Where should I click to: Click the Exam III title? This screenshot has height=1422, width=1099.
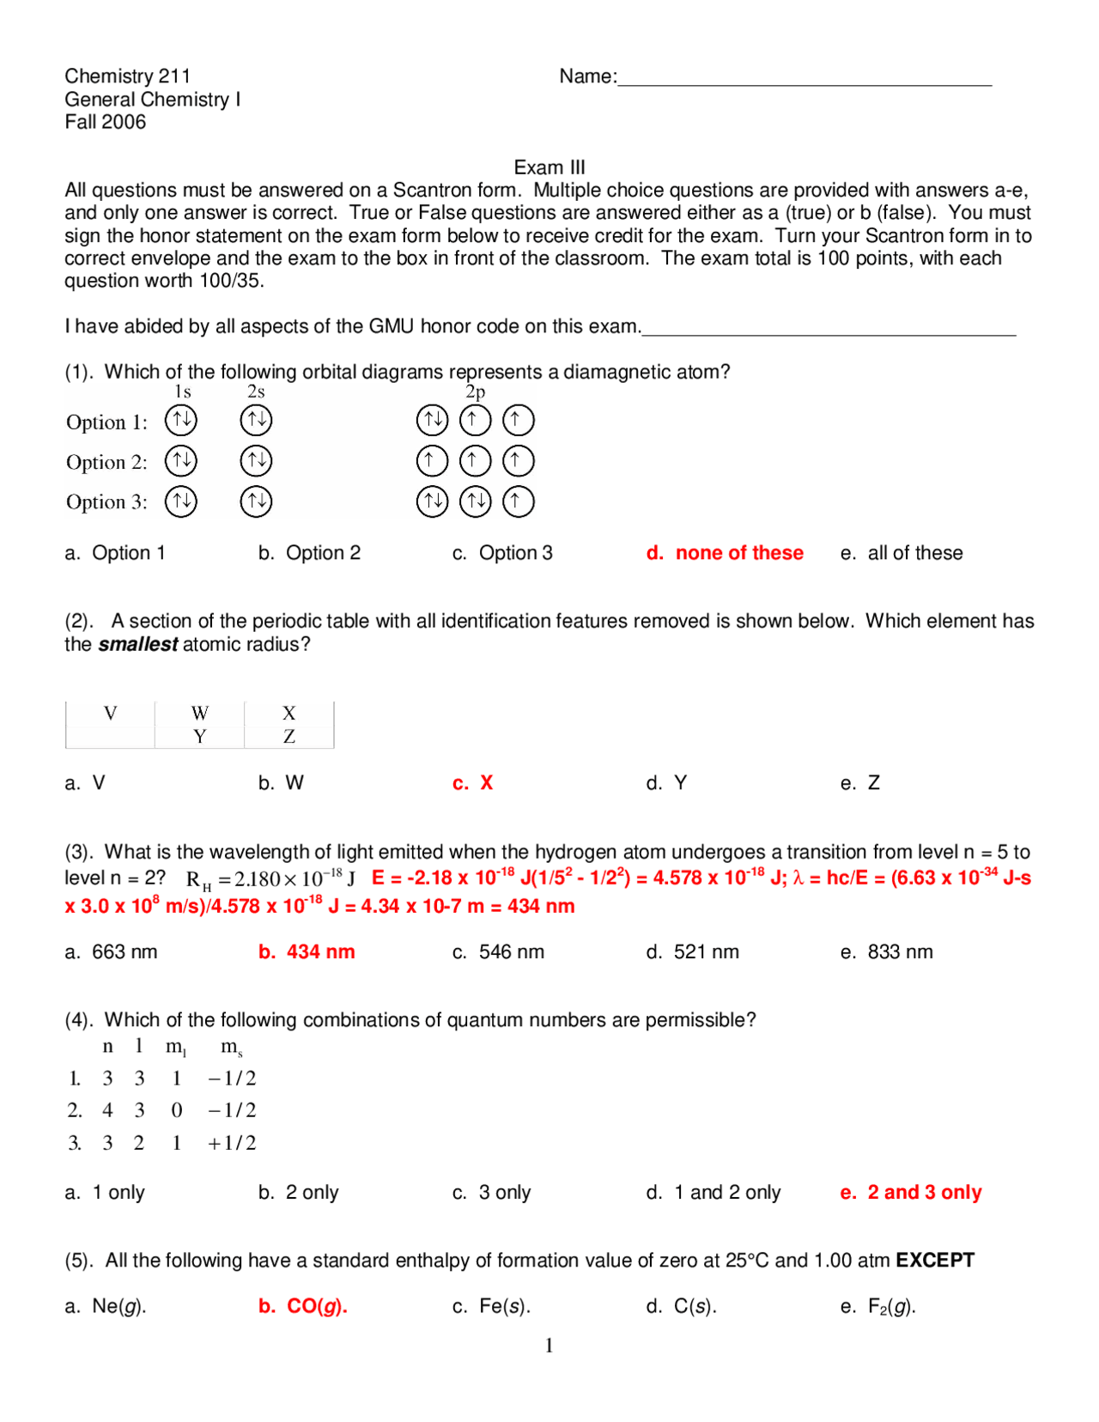(549, 167)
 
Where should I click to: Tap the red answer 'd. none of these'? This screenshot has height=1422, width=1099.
(725, 553)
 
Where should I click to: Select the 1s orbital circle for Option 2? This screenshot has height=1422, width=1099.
(181, 461)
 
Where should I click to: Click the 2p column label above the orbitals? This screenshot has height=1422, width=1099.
(475, 392)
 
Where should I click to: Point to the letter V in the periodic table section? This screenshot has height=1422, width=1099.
(110, 714)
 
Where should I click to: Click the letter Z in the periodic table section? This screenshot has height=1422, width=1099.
(289, 737)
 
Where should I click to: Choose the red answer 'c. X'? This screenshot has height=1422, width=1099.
(473, 783)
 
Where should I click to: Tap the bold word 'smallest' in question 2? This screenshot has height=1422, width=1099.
(137, 645)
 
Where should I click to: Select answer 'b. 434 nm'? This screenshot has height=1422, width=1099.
(307, 952)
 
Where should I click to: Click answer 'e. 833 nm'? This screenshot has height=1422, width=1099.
(886, 952)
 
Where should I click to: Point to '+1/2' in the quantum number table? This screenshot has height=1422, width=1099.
(232, 1143)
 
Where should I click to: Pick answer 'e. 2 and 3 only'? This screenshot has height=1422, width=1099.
(911, 1193)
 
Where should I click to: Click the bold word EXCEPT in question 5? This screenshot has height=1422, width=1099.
(935, 1261)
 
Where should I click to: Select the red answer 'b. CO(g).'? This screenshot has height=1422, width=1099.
(303, 1307)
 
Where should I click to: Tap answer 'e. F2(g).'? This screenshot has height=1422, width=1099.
(878, 1307)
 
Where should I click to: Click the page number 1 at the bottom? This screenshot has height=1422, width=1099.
(549, 1346)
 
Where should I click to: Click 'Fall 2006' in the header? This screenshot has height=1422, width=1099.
(106, 122)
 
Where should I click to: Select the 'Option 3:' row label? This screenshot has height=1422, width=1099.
(106, 502)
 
